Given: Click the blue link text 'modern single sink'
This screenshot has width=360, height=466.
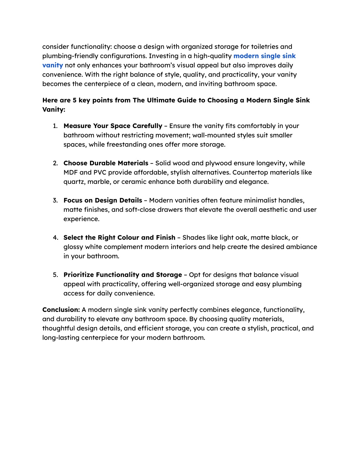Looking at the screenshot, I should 264,56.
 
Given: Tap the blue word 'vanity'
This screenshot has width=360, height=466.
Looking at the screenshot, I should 52,65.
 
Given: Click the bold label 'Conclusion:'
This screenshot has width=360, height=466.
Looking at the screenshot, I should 61,310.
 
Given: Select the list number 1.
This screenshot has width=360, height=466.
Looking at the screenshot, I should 55,126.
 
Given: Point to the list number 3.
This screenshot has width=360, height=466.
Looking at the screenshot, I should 55,200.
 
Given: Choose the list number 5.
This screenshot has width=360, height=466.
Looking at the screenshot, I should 55,275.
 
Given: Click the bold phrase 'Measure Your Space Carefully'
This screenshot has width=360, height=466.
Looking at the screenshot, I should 113,126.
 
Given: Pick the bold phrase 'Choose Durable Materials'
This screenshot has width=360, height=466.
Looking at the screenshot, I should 106,163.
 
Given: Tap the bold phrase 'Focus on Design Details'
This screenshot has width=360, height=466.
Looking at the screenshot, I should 103,200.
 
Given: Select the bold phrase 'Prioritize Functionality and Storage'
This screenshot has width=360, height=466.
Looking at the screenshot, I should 123,275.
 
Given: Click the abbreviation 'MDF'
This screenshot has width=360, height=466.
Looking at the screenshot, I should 70,173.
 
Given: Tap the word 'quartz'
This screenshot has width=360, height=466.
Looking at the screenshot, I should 73,182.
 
